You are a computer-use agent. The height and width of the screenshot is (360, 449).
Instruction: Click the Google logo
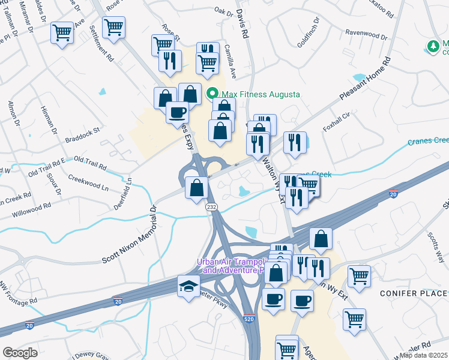point(20,353)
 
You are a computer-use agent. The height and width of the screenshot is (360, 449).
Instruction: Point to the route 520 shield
point(249,319)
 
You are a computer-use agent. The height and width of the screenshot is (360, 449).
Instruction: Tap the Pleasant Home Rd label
point(365,79)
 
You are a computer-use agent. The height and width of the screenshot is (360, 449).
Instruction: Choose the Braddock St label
point(83,135)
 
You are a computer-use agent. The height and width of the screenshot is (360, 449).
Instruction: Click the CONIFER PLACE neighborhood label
point(414,293)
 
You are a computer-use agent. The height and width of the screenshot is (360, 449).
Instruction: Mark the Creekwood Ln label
point(88,184)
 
